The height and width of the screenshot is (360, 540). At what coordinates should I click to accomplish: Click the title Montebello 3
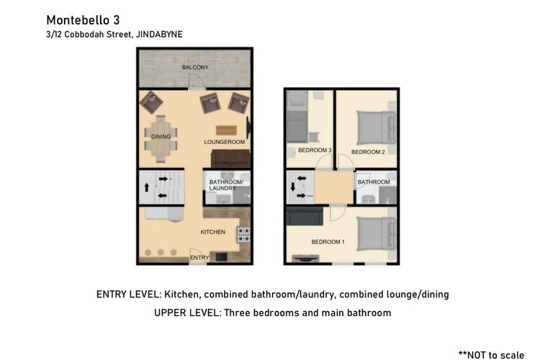tap(83, 20)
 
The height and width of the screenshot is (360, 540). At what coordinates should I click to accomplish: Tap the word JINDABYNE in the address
tap(159, 35)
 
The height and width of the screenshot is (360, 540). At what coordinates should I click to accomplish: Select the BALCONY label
tap(195, 67)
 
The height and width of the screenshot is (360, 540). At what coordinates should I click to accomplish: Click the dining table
tap(161, 139)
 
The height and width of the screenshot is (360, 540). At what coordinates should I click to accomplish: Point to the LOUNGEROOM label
tap(224, 142)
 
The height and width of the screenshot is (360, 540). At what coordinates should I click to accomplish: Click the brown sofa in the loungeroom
tap(230, 159)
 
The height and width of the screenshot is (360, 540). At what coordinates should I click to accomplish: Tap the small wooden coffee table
tap(226, 130)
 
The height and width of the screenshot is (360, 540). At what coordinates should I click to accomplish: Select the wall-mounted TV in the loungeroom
tap(248, 127)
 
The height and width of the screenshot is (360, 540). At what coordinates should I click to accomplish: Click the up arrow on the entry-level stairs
tap(147, 187)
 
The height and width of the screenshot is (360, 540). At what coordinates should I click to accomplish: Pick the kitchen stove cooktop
tap(243, 235)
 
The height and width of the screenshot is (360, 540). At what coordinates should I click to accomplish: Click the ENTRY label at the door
tap(199, 257)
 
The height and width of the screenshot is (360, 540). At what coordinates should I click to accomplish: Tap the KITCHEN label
tap(213, 232)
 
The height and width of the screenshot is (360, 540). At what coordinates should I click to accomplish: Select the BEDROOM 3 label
tap(315, 150)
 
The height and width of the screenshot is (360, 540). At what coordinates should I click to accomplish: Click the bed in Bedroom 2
tap(377, 128)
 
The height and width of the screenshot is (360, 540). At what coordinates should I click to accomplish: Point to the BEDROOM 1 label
tap(328, 242)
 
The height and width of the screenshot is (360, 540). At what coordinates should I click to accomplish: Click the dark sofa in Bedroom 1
tap(305, 216)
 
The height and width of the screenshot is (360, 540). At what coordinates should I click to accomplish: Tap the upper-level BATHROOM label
tap(374, 182)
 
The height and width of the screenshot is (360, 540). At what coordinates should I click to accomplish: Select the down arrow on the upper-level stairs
tap(293, 187)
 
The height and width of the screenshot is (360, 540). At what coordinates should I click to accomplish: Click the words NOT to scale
tap(495, 355)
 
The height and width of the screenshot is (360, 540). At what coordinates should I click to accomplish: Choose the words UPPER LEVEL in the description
tap(186, 312)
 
